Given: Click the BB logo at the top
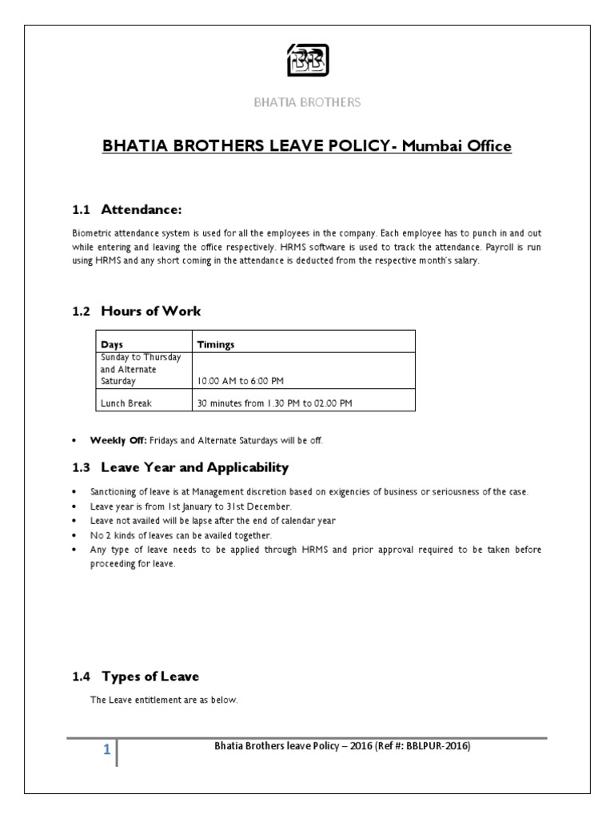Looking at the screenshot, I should [308, 60].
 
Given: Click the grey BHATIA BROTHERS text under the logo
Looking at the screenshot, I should [307, 102].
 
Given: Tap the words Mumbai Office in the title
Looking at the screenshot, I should [456, 147].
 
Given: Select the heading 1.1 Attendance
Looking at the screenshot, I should [127, 209].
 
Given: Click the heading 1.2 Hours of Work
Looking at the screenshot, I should [136, 311].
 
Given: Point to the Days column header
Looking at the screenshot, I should [112, 344].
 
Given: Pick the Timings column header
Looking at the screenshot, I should [217, 344].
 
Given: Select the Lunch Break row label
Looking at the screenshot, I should [126, 403].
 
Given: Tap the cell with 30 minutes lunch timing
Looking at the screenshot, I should [274, 403].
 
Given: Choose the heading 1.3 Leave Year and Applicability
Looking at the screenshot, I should [180, 467].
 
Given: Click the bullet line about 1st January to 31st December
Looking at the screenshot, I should [192, 506].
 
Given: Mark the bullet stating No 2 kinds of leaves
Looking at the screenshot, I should [181, 534].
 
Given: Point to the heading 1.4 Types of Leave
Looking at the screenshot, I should [135, 677].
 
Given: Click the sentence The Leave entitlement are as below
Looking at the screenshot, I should [165, 701].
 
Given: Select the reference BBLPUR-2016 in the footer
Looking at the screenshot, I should [437, 746].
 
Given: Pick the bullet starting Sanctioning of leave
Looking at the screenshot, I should [304, 492].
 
